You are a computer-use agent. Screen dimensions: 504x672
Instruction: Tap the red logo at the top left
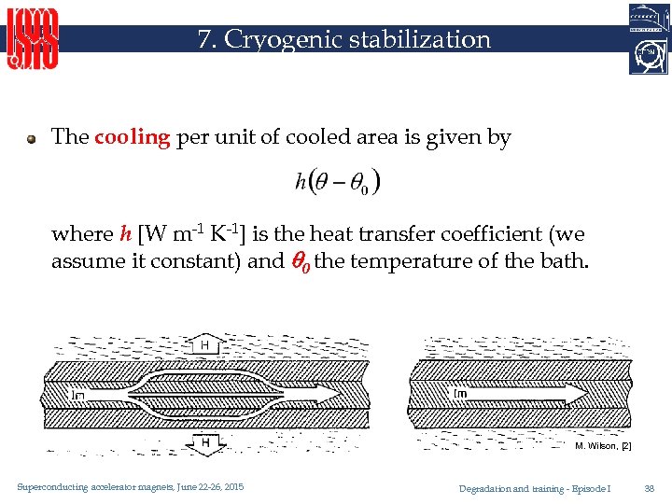click(x=34, y=39)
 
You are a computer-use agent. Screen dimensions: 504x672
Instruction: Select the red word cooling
click(x=132, y=137)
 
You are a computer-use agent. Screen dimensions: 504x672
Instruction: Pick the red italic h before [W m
click(x=126, y=234)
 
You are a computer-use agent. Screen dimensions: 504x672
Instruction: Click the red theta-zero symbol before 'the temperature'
click(x=299, y=261)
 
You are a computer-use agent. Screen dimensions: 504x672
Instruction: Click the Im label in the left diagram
click(x=79, y=395)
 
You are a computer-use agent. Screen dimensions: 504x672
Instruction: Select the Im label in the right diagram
click(x=460, y=394)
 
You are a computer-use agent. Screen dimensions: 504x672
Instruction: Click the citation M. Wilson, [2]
click(x=603, y=446)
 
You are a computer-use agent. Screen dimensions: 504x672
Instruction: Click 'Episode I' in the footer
click(x=594, y=488)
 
